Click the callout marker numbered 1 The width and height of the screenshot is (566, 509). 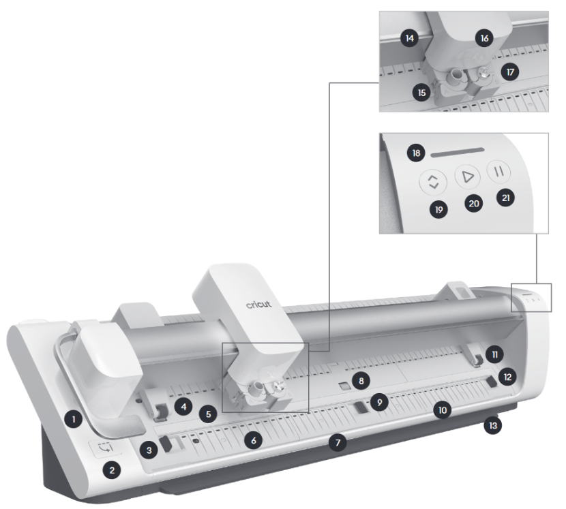74,419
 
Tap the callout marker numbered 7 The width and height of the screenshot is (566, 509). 338,442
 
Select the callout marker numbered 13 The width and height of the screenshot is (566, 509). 493,426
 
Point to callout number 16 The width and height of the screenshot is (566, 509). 484,38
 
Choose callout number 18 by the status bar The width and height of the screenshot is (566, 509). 416,153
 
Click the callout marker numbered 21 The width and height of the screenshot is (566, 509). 506,198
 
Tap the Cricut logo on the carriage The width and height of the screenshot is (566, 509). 259,305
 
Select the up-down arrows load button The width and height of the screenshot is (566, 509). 433,181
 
